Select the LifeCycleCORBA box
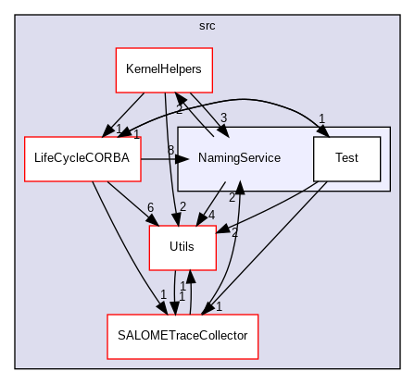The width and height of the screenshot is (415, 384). [x=81, y=158]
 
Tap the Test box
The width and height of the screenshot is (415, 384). [x=347, y=158]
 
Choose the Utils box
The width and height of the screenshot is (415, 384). [x=183, y=247]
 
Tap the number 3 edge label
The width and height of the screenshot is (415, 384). [x=224, y=118]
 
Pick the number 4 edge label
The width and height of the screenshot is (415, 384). [x=211, y=217]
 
